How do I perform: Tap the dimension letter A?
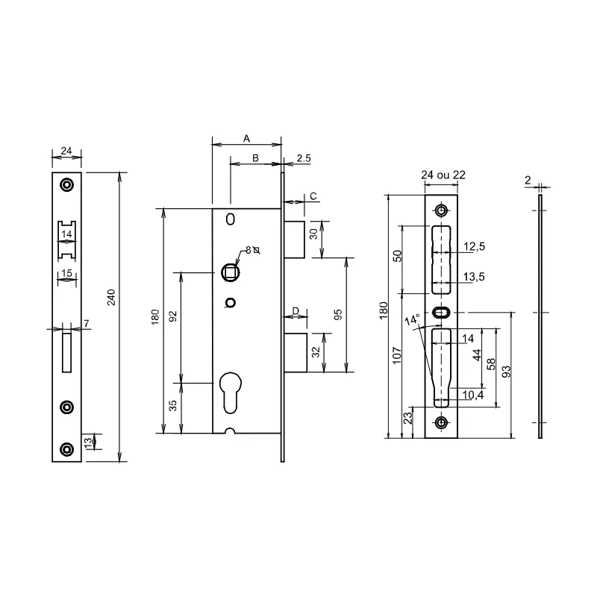[246, 139]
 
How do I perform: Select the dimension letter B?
[254, 158]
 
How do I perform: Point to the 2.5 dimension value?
[304, 158]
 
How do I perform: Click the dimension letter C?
[313, 196]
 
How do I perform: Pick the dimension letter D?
[296, 310]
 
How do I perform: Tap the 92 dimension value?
[172, 316]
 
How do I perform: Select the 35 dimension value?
[172, 406]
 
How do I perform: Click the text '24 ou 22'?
[443, 175]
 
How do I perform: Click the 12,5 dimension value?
[475, 246]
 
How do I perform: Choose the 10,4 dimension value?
[473, 396]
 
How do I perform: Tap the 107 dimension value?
[397, 354]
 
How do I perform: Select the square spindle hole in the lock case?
[231, 270]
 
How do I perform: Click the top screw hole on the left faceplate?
[67, 184]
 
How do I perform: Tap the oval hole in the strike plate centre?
[440, 311]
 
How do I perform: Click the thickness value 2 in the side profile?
[528, 180]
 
